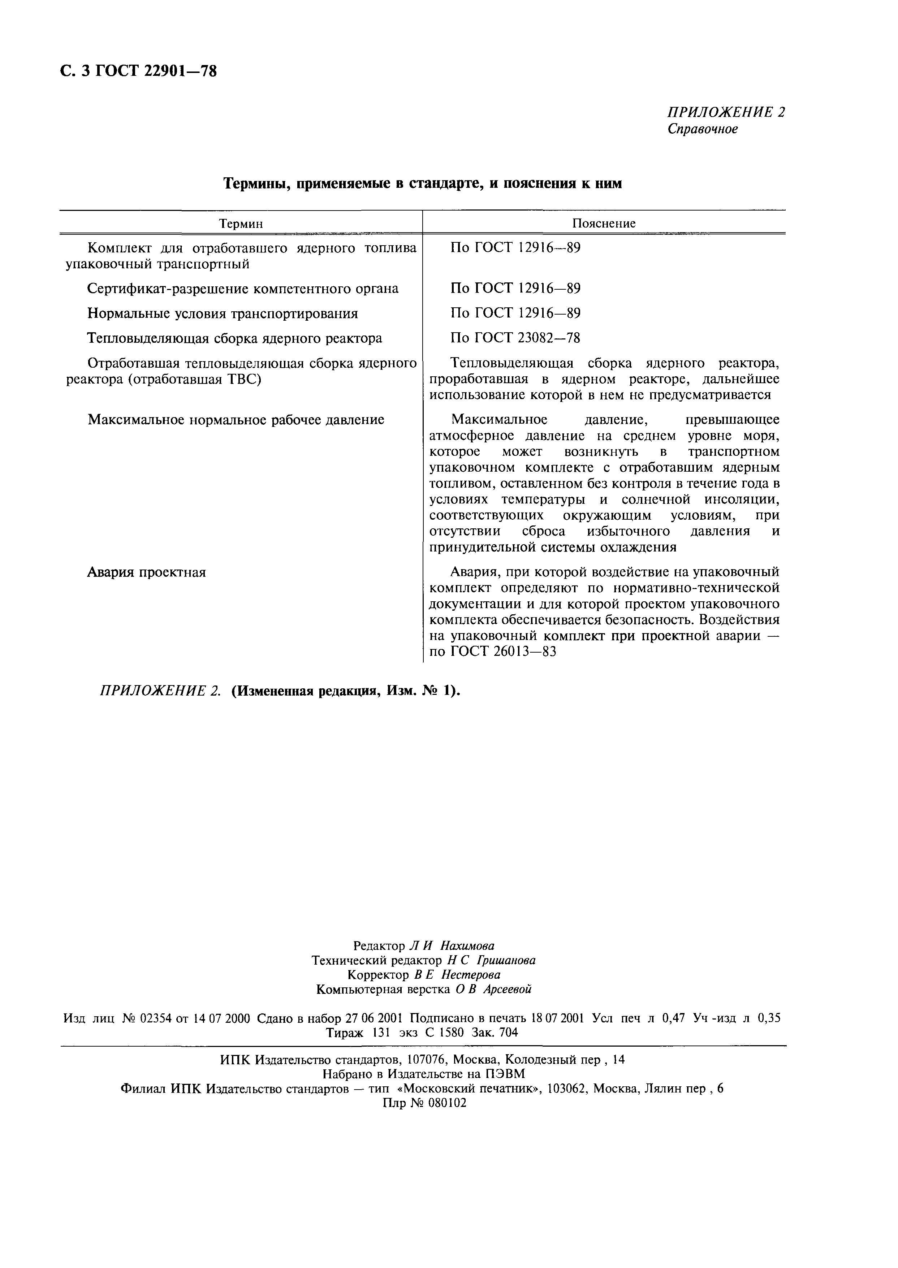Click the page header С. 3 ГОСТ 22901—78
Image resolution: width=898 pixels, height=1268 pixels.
click(138, 71)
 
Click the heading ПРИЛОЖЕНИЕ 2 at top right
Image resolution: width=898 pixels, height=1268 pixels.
click(725, 112)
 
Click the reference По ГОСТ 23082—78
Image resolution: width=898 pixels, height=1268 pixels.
click(515, 338)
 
